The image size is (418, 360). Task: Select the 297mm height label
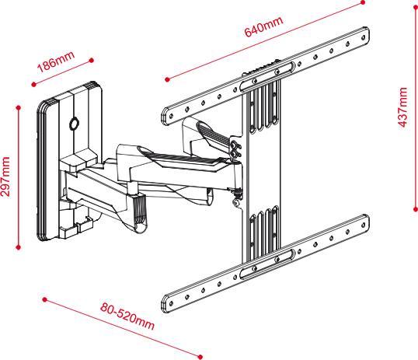(x=7, y=178)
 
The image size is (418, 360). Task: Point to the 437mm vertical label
(x=402, y=108)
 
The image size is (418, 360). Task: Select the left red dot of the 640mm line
(x=167, y=79)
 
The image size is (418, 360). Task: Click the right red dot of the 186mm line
(x=92, y=58)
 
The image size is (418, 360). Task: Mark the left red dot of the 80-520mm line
(x=45, y=297)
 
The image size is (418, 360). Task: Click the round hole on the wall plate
(x=74, y=123)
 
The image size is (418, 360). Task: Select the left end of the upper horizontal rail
(x=165, y=115)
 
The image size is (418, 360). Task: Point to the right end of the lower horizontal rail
(x=365, y=222)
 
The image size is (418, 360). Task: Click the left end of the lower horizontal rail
(x=167, y=300)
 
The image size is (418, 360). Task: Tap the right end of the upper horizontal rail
(x=364, y=37)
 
